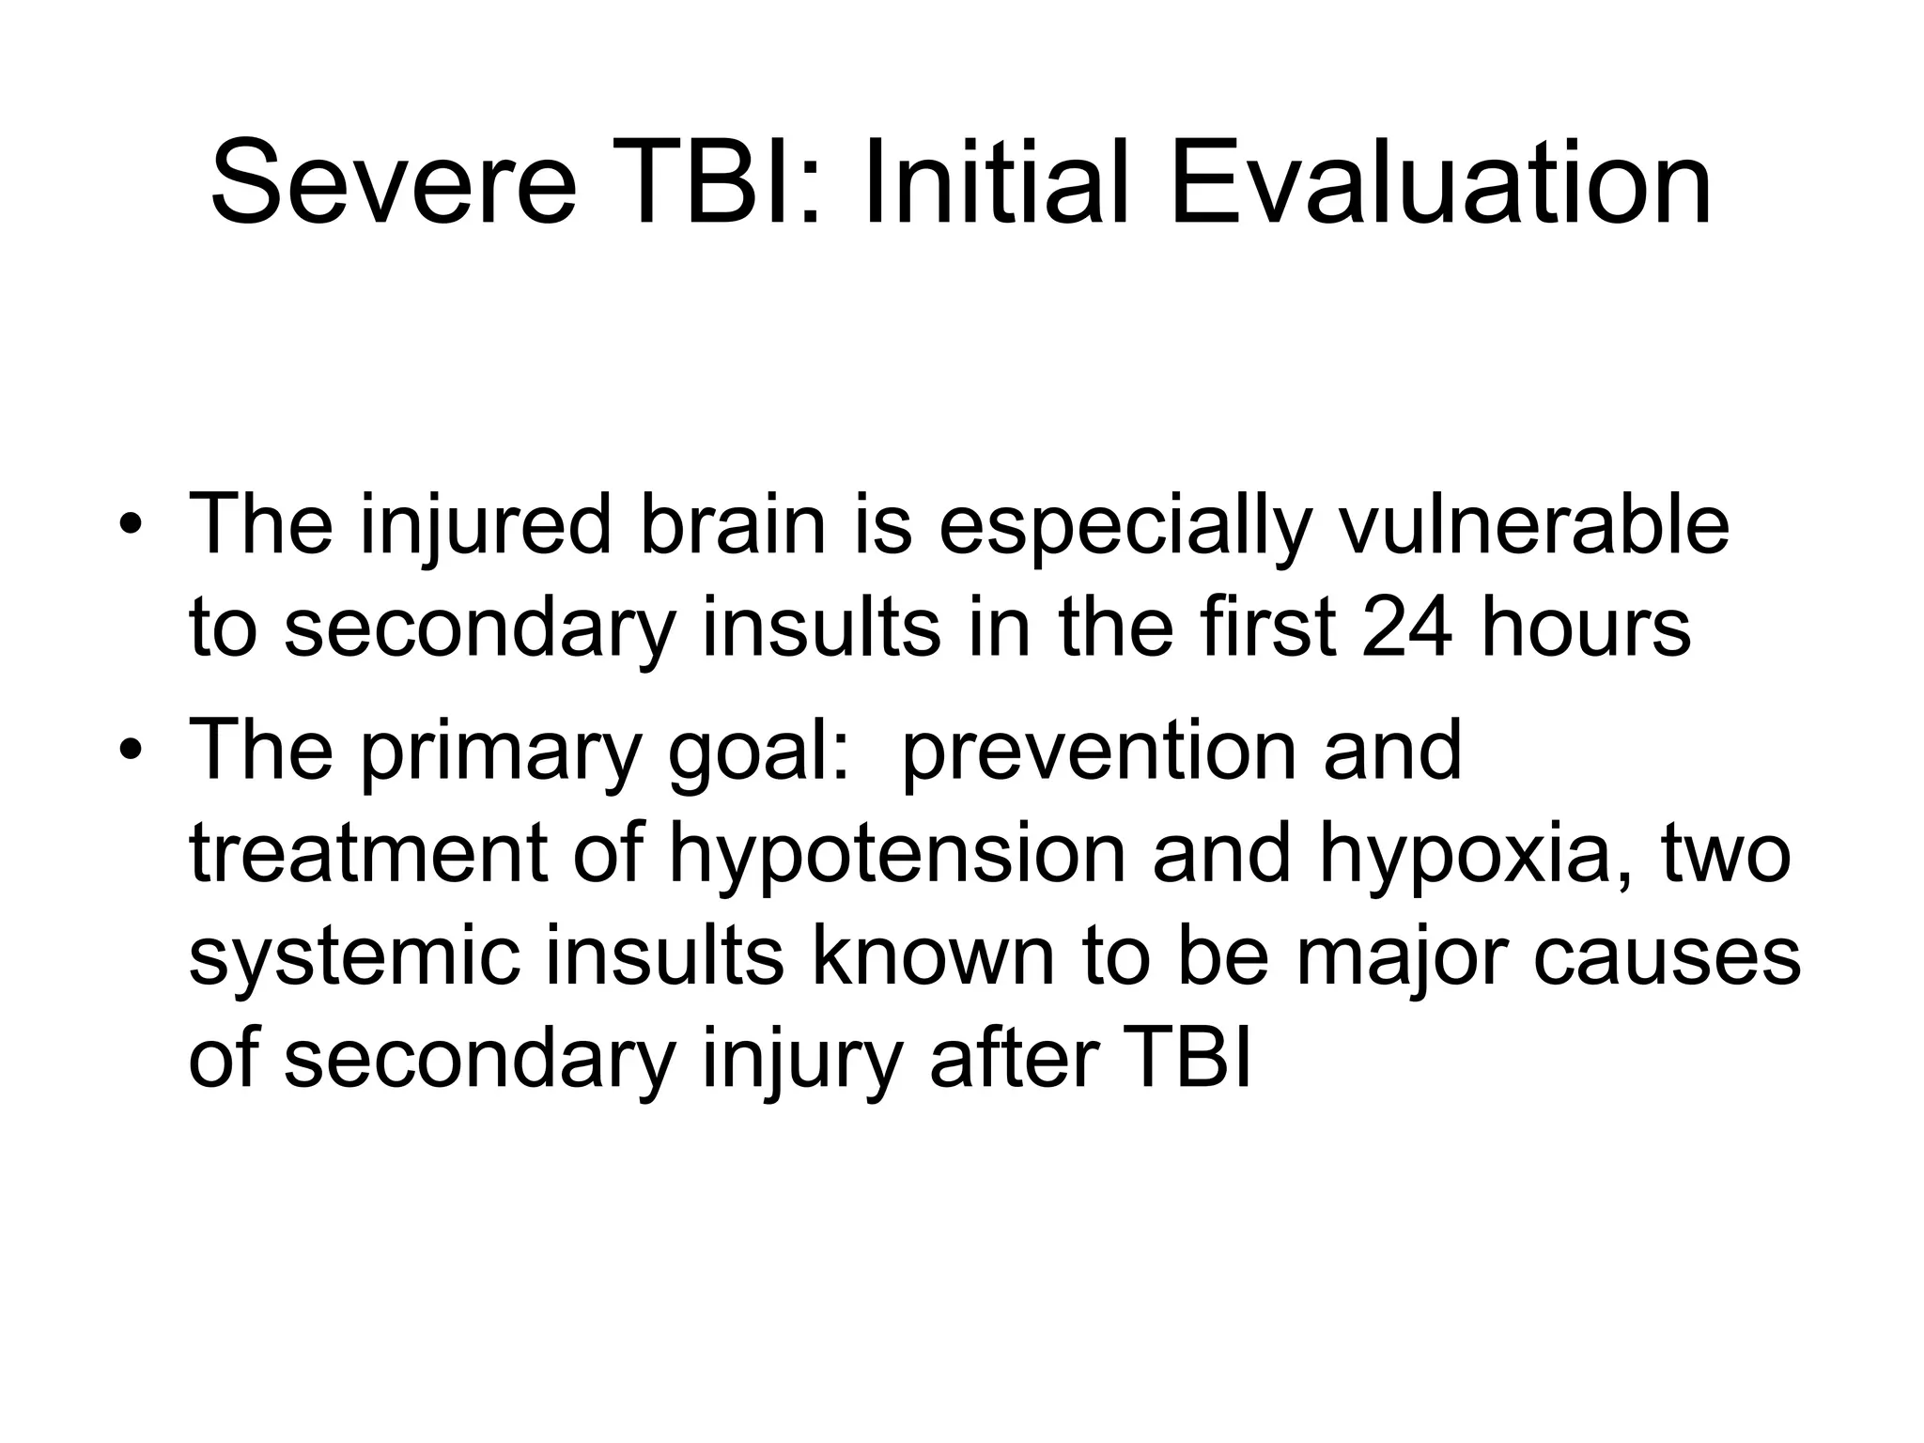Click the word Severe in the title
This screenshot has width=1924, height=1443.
click(x=393, y=183)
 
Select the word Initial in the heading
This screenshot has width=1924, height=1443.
click(x=995, y=183)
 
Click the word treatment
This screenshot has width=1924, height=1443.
click(x=368, y=853)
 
